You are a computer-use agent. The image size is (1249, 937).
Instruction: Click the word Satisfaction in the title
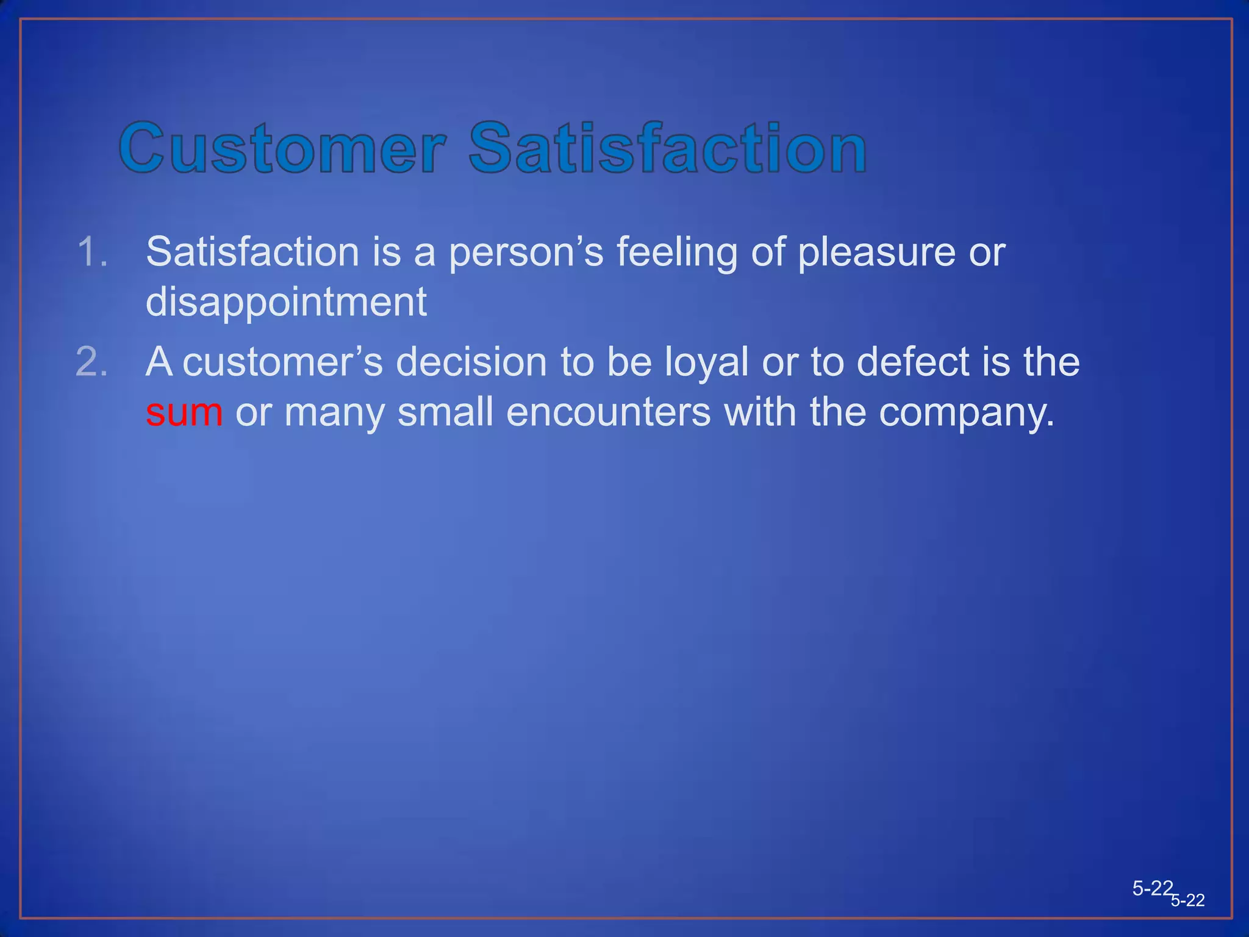point(667,148)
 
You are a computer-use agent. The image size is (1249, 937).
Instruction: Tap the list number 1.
point(93,252)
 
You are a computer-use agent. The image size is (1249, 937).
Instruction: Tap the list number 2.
point(92,362)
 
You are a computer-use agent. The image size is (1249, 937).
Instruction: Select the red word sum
point(184,412)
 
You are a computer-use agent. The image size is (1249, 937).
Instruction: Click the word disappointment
point(286,303)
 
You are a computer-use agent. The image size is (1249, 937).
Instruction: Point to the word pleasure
point(876,253)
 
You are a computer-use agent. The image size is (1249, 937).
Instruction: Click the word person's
point(526,253)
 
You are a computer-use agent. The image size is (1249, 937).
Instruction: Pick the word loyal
point(706,362)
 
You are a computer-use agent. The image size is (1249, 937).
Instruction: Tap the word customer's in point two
point(282,362)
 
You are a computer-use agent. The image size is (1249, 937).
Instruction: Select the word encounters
point(608,412)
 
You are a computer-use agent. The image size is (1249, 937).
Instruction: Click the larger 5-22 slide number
point(1152,888)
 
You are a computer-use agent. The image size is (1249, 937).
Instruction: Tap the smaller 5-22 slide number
point(1188,900)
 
